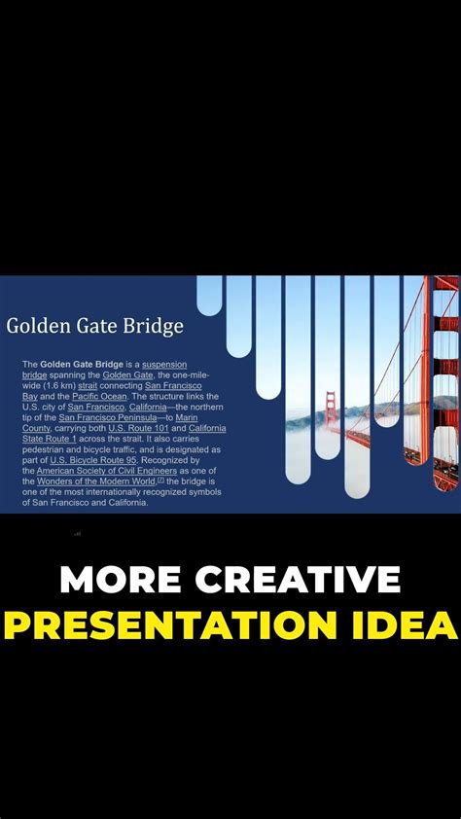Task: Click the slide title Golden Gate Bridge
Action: pyautogui.click(x=94, y=326)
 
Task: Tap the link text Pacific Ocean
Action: pyautogui.click(x=93, y=396)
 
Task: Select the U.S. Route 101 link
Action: pyautogui.click(x=138, y=428)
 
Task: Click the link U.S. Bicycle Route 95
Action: pyautogui.click(x=94, y=460)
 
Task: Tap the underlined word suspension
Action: pyautogui.click(x=164, y=364)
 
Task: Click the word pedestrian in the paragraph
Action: pyautogui.click(x=46, y=449)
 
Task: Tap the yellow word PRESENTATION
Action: pyautogui.click(x=171, y=623)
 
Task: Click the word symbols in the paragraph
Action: pyautogui.click(x=201, y=492)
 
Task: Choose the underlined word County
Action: pyautogui.click(x=37, y=428)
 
